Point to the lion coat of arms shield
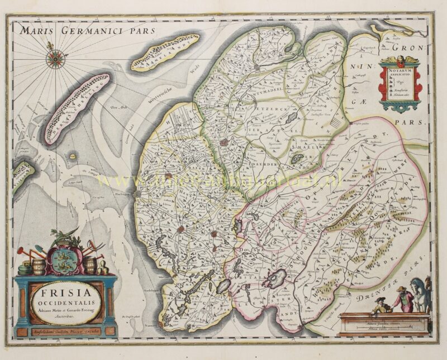point(63,261)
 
